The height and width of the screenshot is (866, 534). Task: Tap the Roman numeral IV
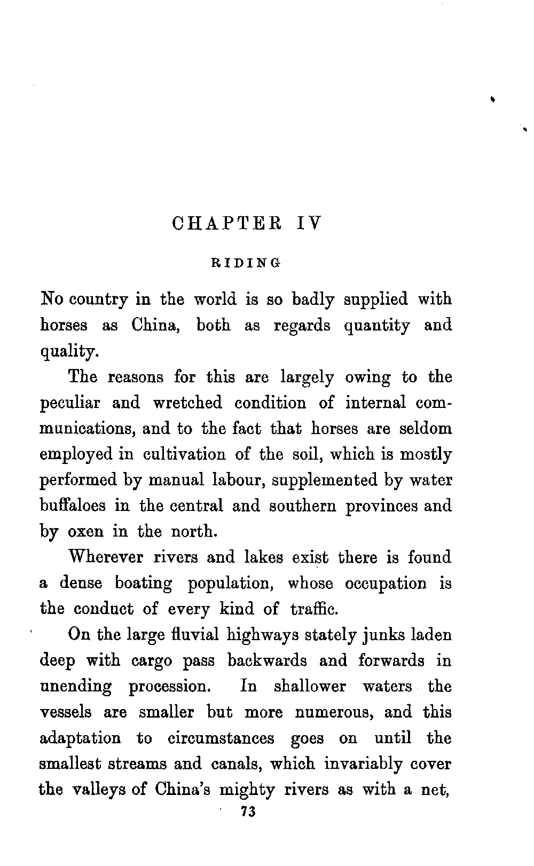click(x=309, y=223)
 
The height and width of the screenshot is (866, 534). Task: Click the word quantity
click(x=377, y=326)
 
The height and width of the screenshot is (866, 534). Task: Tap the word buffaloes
click(x=72, y=505)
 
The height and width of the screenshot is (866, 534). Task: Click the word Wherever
click(x=106, y=557)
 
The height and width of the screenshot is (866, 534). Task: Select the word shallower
click(x=310, y=687)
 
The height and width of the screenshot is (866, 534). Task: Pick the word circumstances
click(x=221, y=738)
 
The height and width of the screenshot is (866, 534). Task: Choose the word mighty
click(x=247, y=790)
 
